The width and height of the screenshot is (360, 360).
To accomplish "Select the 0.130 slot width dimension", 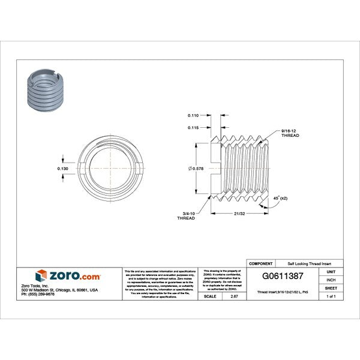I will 62,169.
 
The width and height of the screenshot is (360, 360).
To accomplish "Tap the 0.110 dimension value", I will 193,115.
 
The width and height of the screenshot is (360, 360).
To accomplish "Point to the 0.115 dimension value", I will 193,127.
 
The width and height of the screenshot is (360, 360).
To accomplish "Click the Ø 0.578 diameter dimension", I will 196,170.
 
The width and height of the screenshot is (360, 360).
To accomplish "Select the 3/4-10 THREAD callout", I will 187,217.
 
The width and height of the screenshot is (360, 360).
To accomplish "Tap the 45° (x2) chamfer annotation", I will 281,198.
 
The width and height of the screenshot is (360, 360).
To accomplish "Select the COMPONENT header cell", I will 261,263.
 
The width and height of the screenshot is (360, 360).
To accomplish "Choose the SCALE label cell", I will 211,296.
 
